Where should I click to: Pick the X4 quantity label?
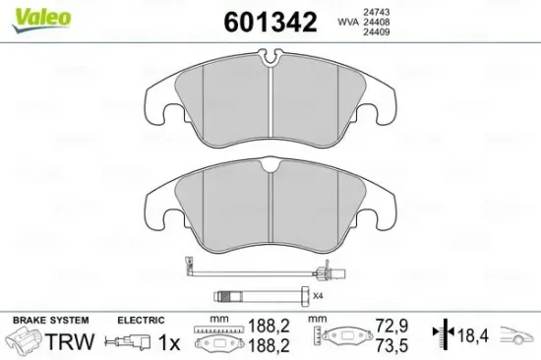point(318,295)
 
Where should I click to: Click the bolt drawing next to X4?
point(261,294)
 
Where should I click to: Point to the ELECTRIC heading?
point(141,321)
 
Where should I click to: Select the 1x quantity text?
point(168,342)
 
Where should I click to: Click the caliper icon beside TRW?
point(26,343)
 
